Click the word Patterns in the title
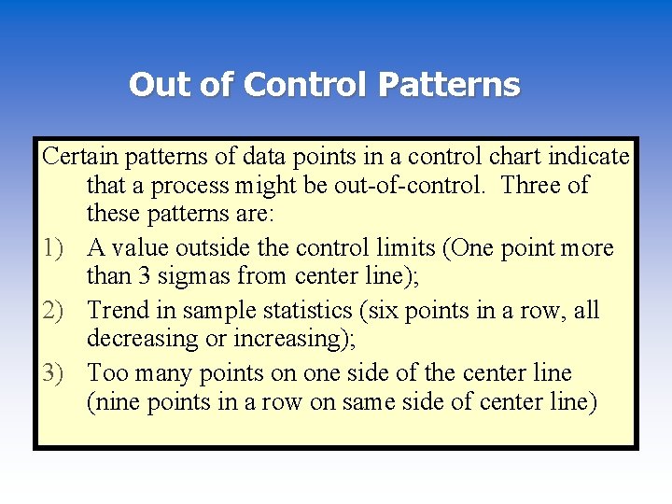click(449, 85)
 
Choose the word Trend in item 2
click(118, 311)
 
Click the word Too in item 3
click(106, 373)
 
